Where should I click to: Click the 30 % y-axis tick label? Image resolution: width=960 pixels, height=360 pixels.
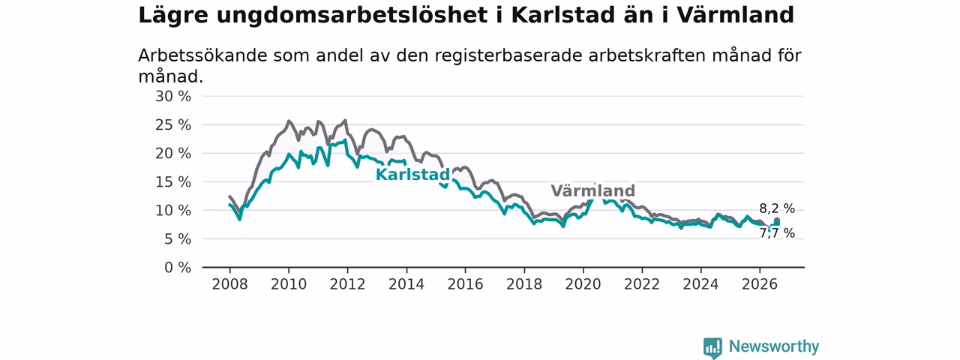pyautogui.click(x=173, y=97)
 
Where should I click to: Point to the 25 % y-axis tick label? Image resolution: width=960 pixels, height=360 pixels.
pyautogui.click(x=173, y=125)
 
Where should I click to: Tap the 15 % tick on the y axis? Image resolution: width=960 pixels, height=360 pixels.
pyautogui.click(x=173, y=182)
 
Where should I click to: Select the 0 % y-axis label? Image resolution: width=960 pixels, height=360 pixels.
pyautogui.click(x=178, y=268)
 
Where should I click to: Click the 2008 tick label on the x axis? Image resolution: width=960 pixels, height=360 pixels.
pyautogui.click(x=229, y=284)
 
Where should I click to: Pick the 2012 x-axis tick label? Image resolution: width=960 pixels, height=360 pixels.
pyautogui.click(x=347, y=284)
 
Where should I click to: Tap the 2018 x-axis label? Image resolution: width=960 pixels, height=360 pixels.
pyautogui.click(x=524, y=284)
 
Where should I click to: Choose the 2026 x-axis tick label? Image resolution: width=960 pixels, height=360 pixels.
pyautogui.click(x=760, y=284)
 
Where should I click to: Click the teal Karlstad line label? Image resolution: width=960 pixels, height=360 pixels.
pyautogui.click(x=412, y=175)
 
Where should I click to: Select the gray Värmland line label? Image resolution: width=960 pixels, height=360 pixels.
pyautogui.click(x=592, y=190)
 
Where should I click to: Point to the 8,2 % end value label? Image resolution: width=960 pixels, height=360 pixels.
pyautogui.click(x=777, y=208)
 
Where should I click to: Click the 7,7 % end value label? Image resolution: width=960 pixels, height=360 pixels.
pyautogui.click(x=777, y=233)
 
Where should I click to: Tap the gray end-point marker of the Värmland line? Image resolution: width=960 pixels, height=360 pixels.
pyautogui.click(x=776, y=220)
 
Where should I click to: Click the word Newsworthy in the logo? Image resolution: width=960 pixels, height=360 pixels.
pyautogui.click(x=774, y=346)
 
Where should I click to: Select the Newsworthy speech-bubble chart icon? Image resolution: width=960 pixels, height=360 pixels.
pyautogui.click(x=712, y=348)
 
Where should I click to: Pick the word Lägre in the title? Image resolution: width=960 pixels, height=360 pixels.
pyautogui.click(x=173, y=16)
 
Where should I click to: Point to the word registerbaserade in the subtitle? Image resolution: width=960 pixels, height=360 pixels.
pyautogui.click(x=508, y=56)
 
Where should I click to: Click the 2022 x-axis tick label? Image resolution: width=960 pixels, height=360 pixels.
pyautogui.click(x=642, y=284)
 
